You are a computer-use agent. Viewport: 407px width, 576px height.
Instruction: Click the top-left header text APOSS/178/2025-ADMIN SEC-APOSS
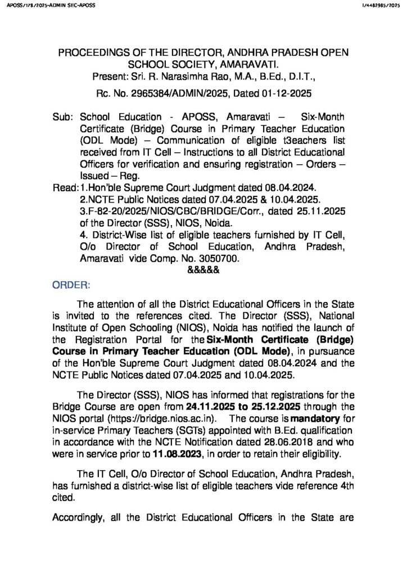pos(48,5)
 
